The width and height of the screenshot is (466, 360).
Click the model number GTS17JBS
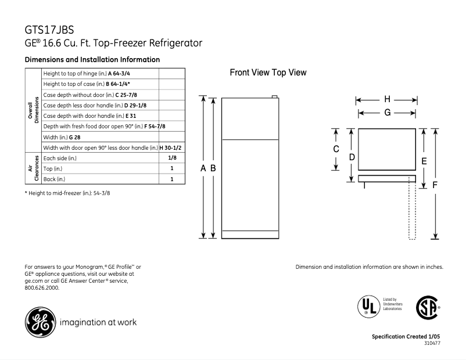[49, 30]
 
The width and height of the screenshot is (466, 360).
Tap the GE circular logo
[39, 321]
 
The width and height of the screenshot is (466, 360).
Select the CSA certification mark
[426, 307]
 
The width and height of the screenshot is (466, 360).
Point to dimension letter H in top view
[387, 99]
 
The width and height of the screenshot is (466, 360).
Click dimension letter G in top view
[387, 113]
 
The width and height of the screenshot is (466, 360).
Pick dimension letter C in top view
[336, 149]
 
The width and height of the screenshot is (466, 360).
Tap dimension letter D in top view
[352, 157]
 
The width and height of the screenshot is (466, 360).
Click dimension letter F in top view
[435, 185]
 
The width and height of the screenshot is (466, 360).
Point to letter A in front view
[203, 168]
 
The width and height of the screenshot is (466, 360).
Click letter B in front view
[213, 168]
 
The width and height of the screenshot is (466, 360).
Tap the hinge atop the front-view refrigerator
[273, 96]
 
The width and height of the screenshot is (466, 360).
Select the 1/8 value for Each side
[172, 158]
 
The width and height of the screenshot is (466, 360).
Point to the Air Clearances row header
[33, 168]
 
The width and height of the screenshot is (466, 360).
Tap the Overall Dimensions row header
[33, 110]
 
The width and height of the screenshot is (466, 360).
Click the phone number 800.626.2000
[42, 287]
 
